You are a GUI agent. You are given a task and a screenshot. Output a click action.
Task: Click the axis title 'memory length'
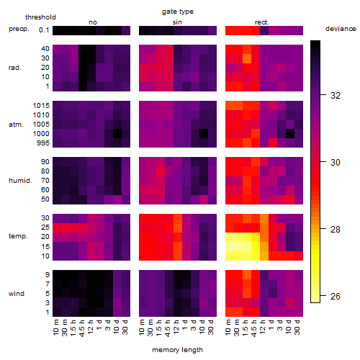(x=177, y=350)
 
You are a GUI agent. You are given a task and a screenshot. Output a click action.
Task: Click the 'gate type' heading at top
(x=178, y=12)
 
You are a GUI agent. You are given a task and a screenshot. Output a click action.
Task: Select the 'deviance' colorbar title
(x=341, y=29)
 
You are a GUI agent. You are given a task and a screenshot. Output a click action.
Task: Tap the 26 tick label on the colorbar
(x=336, y=297)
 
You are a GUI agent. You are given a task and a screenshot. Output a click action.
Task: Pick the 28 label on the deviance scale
(x=336, y=230)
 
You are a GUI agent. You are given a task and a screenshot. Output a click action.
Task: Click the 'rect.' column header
(x=262, y=22)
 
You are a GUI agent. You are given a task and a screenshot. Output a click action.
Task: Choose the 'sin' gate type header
(x=177, y=22)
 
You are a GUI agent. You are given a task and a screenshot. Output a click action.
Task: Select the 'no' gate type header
(x=93, y=22)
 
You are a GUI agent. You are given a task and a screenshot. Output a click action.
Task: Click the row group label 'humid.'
(x=20, y=181)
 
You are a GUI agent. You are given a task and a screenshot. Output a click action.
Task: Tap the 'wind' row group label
(x=17, y=294)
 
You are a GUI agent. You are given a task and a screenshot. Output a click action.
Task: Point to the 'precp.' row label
(x=19, y=29)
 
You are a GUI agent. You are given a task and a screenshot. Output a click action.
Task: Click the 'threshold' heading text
(x=40, y=17)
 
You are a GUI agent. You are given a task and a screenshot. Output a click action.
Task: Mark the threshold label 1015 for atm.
(x=41, y=106)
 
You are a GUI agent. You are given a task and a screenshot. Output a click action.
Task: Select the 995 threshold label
(x=43, y=143)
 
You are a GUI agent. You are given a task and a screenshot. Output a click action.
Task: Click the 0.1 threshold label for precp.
(x=44, y=30)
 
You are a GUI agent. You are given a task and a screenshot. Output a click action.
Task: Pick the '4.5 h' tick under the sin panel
(x=168, y=328)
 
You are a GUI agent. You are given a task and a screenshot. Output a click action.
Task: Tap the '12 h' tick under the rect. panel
(x=263, y=327)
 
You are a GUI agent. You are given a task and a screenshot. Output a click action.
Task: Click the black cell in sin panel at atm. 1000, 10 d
(x=204, y=134)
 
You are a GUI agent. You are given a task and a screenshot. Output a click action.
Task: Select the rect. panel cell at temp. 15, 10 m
(x=230, y=246)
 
